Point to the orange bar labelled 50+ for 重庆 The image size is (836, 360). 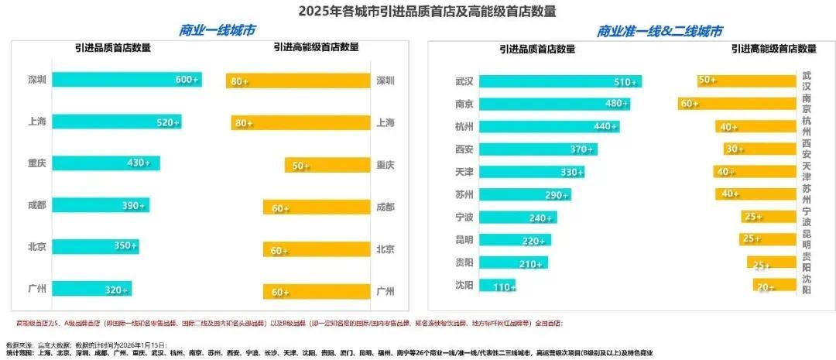[x=327, y=165]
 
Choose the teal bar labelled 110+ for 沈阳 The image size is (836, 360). [x=497, y=286]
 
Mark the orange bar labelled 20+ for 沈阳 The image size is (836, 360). [x=774, y=287]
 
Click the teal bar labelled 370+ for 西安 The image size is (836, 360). [x=537, y=149]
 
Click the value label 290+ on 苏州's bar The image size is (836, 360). [x=557, y=195]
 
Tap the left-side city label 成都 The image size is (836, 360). [x=38, y=206]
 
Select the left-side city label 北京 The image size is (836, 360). [x=38, y=247]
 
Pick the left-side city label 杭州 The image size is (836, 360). [x=465, y=126]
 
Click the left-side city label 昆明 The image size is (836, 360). [x=465, y=240]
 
